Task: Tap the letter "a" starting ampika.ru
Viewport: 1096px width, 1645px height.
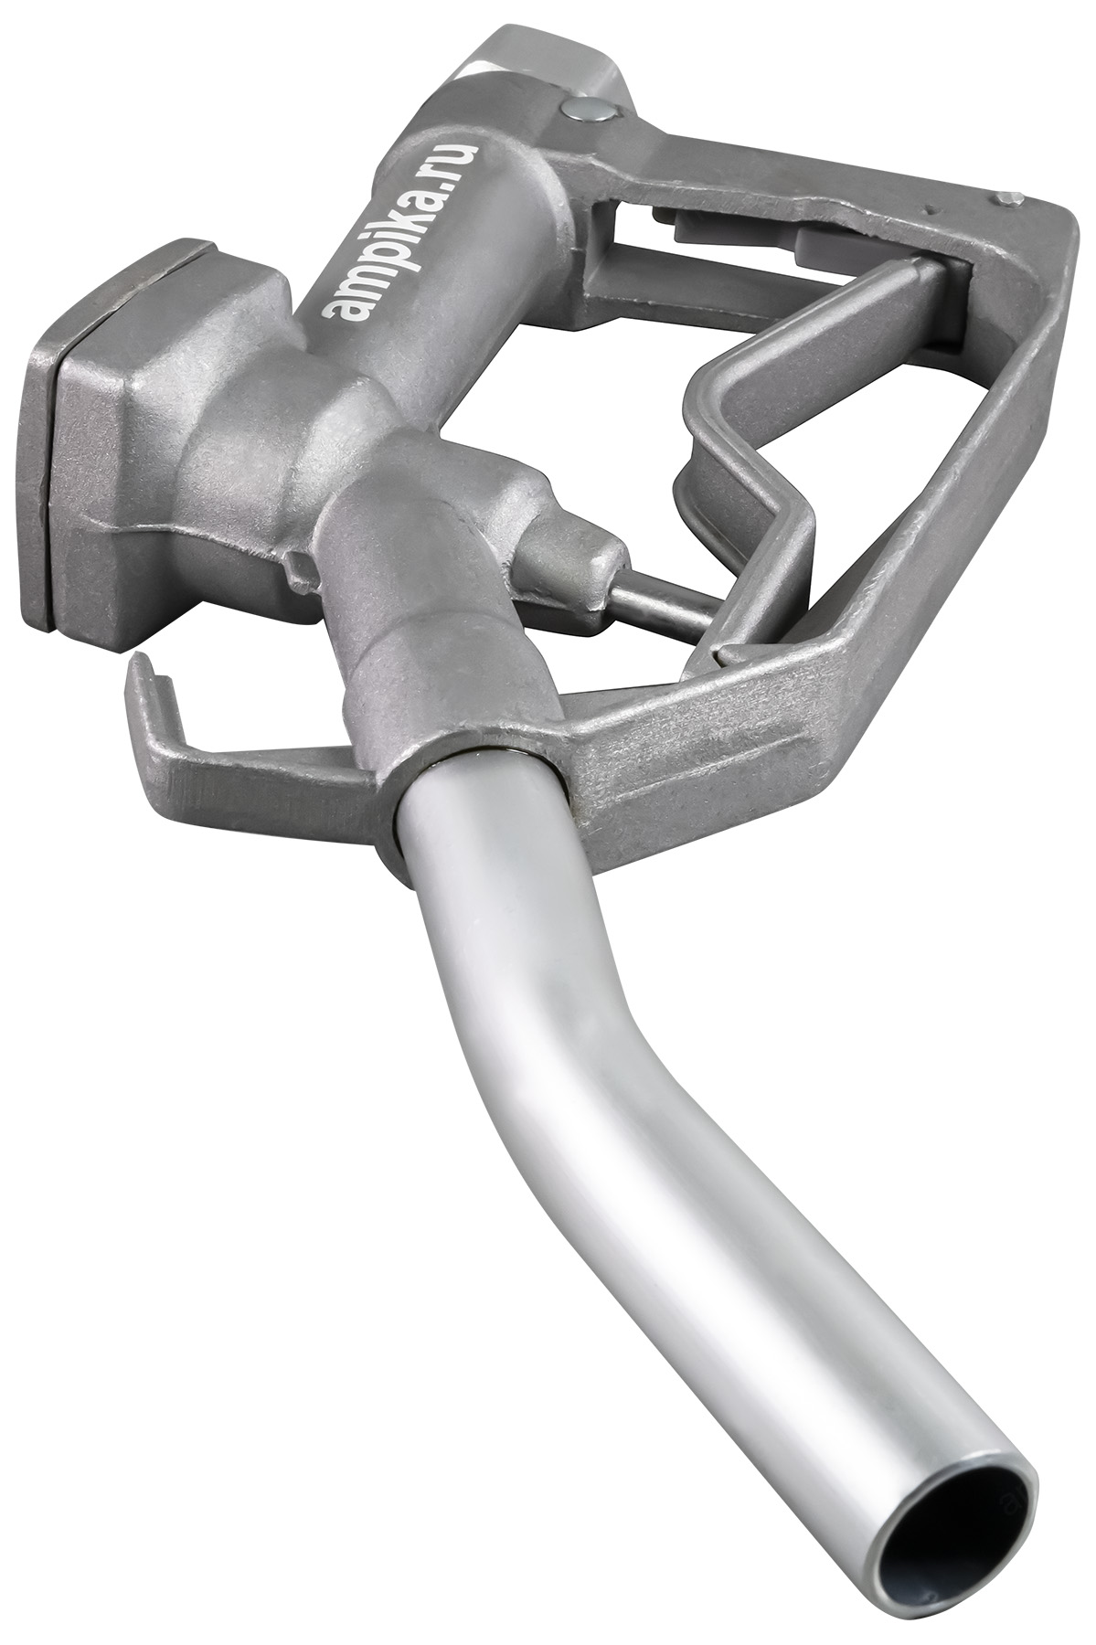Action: [343, 305]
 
